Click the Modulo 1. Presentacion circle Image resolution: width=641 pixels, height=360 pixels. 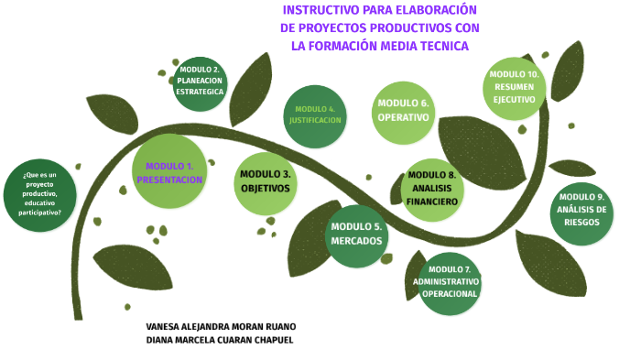(x=169, y=172)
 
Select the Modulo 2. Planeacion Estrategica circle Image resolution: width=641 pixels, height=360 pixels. (x=200, y=82)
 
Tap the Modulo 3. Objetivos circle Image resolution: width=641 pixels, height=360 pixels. (x=266, y=180)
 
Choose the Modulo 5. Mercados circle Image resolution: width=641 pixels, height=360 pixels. (x=356, y=235)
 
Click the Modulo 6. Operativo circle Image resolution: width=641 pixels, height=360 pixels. (x=403, y=112)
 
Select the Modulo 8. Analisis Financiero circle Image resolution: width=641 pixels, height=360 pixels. (x=431, y=188)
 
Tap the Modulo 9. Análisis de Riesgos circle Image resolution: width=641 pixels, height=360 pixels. (x=581, y=211)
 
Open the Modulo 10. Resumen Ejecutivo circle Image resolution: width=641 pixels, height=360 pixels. (x=514, y=87)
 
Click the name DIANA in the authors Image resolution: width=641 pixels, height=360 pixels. (x=162, y=340)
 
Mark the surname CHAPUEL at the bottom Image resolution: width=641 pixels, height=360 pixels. (x=270, y=340)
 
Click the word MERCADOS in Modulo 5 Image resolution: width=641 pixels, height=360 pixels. (x=356, y=242)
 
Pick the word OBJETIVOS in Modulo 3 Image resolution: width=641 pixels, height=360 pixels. (x=266, y=188)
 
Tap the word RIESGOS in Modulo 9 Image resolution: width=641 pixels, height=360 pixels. (x=581, y=222)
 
